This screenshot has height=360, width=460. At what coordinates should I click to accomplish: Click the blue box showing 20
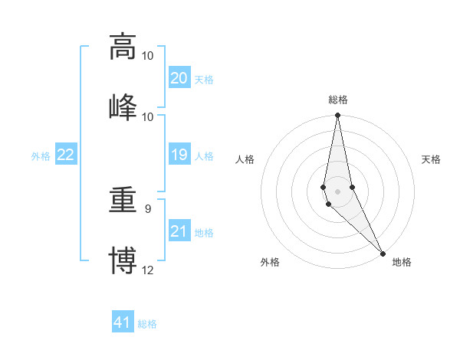point(179,78)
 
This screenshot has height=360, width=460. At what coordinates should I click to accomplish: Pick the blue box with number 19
point(179,155)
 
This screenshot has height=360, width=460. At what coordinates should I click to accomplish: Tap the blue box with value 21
point(179,231)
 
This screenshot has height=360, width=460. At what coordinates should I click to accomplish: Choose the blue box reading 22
point(66,155)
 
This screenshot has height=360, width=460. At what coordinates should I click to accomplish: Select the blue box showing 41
point(123,322)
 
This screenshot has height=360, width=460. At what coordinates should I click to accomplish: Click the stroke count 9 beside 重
point(148,208)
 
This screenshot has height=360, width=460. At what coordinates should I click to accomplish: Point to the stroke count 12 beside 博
point(148,270)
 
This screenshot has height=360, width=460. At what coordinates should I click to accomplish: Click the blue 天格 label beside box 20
point(204,80)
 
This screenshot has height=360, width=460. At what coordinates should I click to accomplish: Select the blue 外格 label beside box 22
point(41,156)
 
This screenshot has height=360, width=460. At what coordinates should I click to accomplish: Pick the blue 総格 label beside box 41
point(147,324)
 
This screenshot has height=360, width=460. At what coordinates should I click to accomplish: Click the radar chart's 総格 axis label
point(338,100)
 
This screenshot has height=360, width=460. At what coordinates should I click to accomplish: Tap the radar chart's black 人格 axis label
point(245,159)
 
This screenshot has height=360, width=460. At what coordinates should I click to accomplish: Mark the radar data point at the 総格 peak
point(337,116)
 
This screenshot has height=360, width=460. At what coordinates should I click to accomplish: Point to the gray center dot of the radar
point(337,191)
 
